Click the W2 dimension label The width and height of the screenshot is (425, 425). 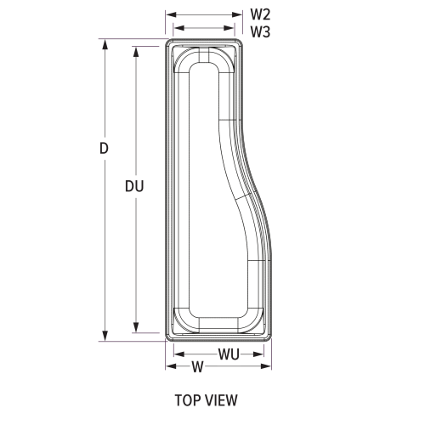point(260,14)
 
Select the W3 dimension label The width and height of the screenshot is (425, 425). point(260,31)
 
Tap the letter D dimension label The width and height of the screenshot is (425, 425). point(104,148)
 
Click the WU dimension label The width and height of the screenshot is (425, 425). point(228,354)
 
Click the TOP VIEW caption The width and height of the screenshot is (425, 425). point(206,399)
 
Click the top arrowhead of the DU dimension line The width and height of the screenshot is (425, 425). point(136,50)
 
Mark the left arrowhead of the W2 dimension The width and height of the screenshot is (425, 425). point(170,14)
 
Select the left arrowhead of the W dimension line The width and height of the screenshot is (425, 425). point(170,366)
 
